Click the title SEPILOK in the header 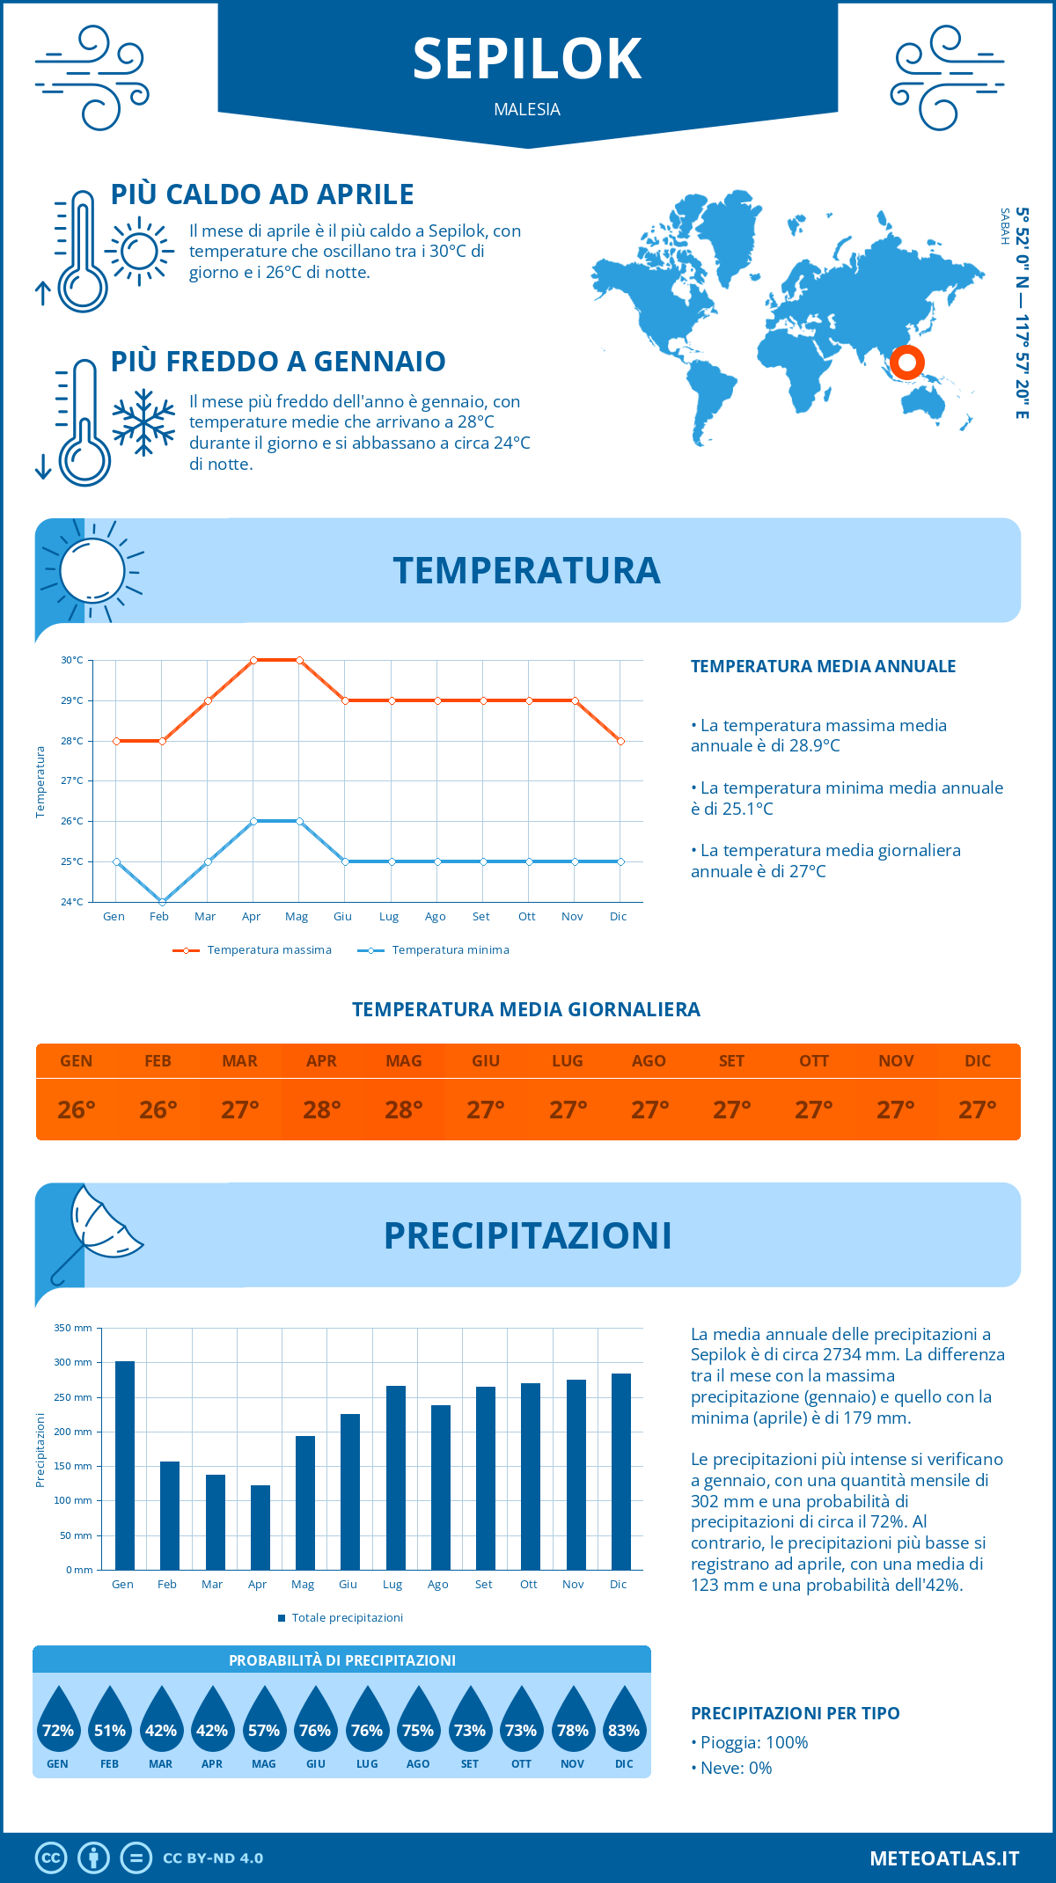coord(527,59)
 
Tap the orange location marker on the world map coord(906,362)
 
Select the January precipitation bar coord(125,1465)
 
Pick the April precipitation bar coord(260,1527)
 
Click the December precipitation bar coord(621,1471)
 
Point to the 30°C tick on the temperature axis coord(72,660)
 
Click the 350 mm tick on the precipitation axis coord(73,1328)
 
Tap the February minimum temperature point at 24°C coord(162,902)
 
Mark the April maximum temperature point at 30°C coord(253,660)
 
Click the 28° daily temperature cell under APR coord(322,1110)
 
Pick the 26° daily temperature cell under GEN coord(77,1110)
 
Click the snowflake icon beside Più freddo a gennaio coord(143,422)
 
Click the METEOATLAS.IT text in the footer coord(944,1858)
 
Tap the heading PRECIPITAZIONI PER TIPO coord(795,1713)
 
